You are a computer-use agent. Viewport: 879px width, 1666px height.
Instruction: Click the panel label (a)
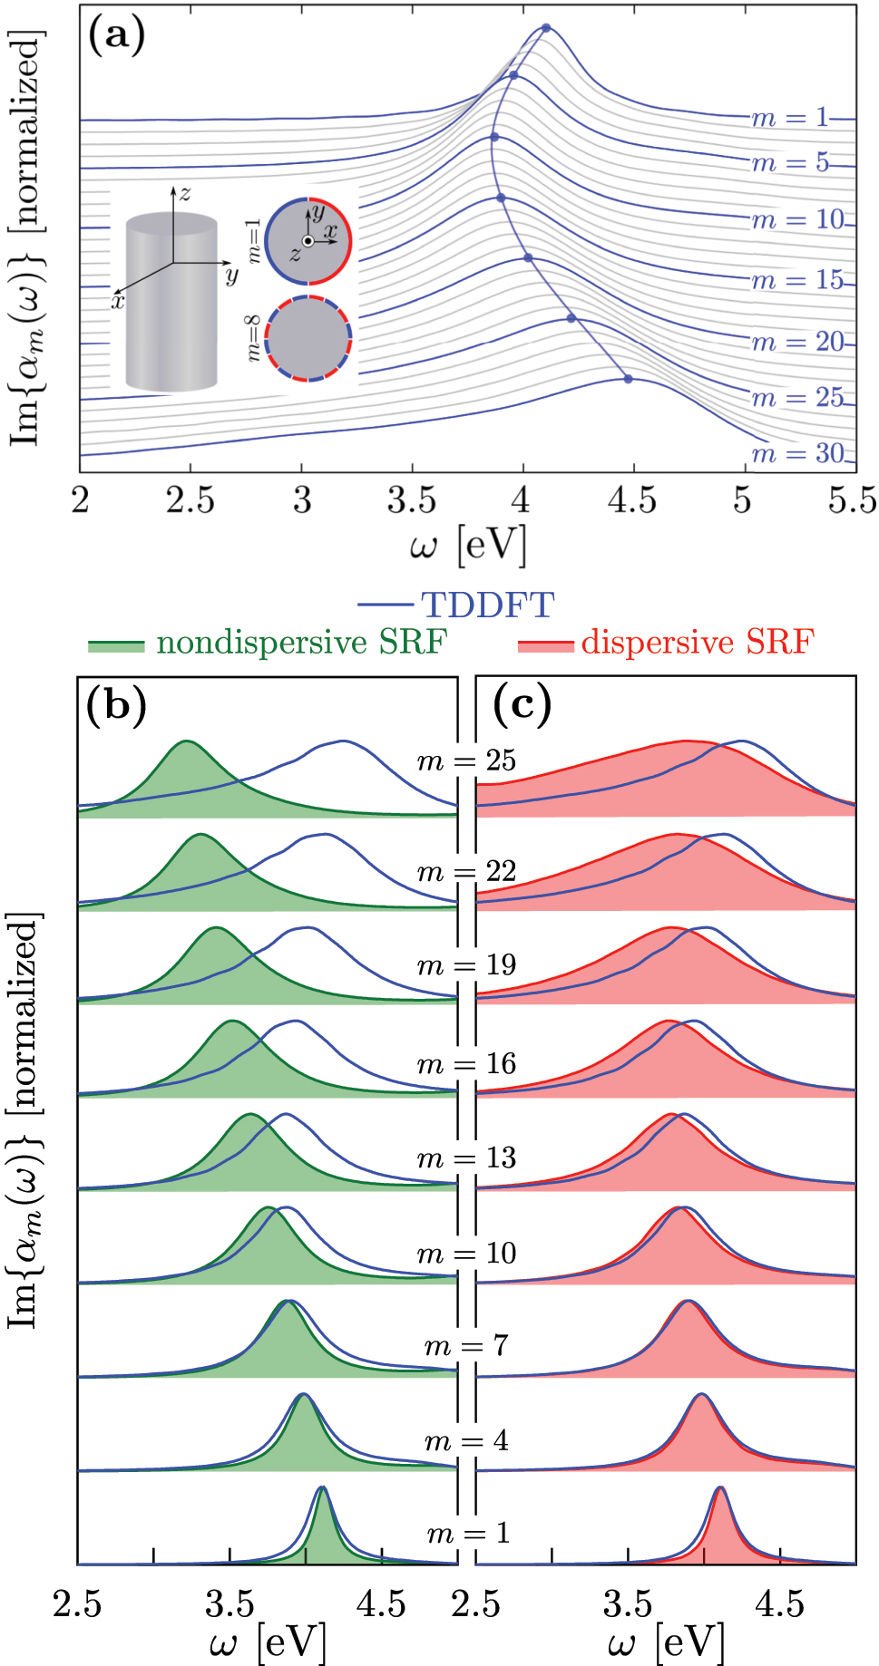click(x=116, y=36)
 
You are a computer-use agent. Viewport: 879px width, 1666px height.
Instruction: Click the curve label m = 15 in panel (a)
click(x=797, y=280)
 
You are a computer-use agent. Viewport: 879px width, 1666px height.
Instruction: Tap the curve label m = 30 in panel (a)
click(x=797, y=453)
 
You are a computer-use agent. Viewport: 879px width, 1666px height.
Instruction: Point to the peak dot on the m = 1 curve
click(x=546, y=28)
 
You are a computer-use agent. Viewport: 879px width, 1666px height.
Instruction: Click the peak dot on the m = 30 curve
click(x=628, y=379)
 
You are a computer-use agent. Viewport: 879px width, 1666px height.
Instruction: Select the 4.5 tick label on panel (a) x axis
click(x=632, y=500)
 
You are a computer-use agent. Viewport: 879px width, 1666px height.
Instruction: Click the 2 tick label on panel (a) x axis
click(x=81, y=500)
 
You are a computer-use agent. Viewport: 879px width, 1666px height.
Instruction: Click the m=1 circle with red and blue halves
click(x=308, y=241)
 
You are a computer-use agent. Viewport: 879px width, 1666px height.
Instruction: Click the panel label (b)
click(x=117, y=704)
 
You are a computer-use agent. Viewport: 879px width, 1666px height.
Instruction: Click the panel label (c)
click(x=523, y=704)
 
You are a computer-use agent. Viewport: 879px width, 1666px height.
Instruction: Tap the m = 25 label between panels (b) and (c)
click(x=466, y=760)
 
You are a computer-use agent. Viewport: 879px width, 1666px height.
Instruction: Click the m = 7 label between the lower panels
click(x=466, y=1345)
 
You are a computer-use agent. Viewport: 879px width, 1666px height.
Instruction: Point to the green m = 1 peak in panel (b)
click(x=322, y=1490)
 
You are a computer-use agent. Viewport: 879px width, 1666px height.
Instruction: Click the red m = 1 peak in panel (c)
click(x=719, y=1490)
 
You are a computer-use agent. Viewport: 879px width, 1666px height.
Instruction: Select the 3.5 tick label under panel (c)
click(x=628, y=1604)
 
